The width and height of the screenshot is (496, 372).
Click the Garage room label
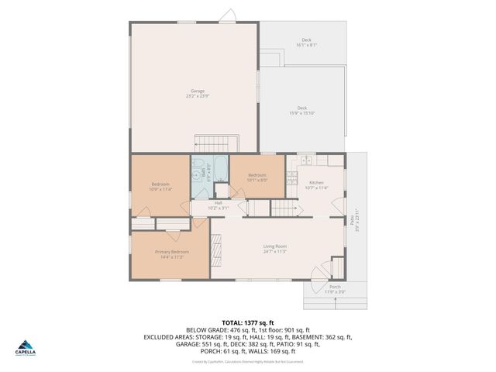coord(195,94)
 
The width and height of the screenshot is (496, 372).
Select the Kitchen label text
coord(315,184)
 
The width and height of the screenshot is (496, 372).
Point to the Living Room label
coord(275,249)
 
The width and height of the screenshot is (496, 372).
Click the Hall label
coord(219,205)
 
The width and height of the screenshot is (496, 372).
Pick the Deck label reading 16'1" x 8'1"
coord(306,43)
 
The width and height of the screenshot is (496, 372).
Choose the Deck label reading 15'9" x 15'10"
coord(301,111)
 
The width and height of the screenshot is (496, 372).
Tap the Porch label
coord(335,289)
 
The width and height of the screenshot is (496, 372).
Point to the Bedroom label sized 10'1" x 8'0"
coord(257,177)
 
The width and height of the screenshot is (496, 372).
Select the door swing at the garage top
coord(227,15)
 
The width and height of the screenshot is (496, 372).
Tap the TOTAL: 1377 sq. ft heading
coord(248,322)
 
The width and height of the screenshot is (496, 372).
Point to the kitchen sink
coord(307,161)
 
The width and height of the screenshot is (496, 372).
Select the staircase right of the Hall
coord(284,208)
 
